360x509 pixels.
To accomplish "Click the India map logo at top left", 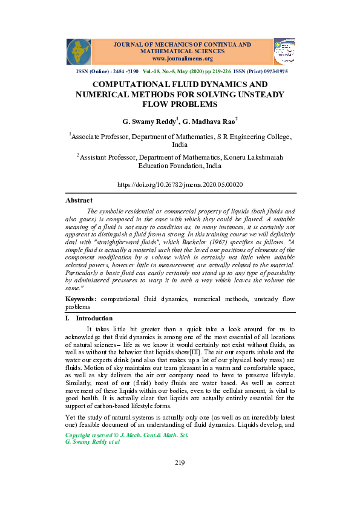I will (79, 51).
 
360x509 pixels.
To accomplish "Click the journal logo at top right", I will (284, 51).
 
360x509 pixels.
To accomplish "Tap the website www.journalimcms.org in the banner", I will (182, 59).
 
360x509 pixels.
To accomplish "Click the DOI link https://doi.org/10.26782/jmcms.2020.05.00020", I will (180, 184).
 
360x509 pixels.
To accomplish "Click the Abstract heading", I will (79, 200).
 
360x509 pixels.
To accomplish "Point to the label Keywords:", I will (81, 299).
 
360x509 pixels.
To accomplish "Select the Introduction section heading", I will (94, 318).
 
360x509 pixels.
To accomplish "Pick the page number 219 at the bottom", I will (180, 463).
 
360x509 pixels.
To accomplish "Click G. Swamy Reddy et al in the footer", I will (92, 442).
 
